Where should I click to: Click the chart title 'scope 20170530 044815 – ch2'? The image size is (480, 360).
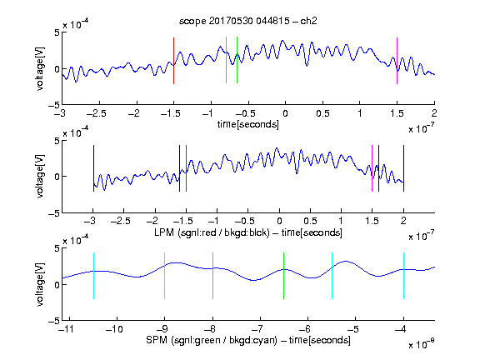pyautogui.click(x=248, y=21)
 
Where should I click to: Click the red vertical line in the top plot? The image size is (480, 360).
pyautogui.click(x=173, y=61)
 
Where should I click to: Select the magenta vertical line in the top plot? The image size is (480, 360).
pyautogui.click(x=397, y=61)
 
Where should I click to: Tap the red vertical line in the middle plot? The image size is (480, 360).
pyautogui.click(x=186, y=168)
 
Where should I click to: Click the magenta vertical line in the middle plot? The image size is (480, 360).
pyautogui.click(x=372, y=168)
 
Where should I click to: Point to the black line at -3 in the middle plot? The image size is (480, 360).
pyautogui.click(x=93, y=168)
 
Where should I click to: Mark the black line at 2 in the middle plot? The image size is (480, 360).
pyautogui.click(x=403, y=168)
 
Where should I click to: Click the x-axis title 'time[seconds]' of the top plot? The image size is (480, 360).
pyautogui.click(x=248, y=124)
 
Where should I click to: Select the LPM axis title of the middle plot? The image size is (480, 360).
pyautogui.click(x=248, y=232)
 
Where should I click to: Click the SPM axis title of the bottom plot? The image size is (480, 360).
pyautogui.click(x=248, y=340)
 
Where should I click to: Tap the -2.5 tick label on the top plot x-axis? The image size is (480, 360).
pyautogui.click(x=97, y=113)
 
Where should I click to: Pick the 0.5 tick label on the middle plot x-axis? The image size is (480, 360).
pyautogui.click(x=310, y=221)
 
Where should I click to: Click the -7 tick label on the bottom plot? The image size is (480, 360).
pyautogui.click(x=257, y=329)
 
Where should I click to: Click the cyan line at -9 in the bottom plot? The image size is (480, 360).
pyautogui.click(x=165, y=276)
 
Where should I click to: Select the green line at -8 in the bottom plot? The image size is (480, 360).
pyautogui.click(x=212, y=276)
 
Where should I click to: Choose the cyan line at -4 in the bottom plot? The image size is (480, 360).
pyautogui.click(x=403, y=276)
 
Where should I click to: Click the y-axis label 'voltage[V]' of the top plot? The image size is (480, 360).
pyautogui.click(x=40, y=68)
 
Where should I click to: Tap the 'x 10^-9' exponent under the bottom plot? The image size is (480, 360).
pyautogui.click(x=422, y=344)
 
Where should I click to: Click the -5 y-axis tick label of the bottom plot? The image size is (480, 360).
pyautogui.click(x=54, y=321)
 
